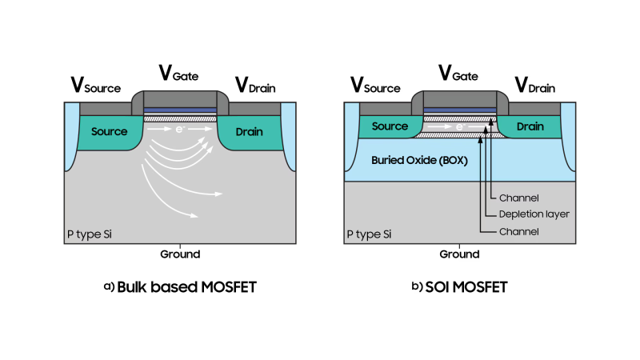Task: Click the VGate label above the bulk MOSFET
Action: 180,74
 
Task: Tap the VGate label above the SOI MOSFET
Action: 460,74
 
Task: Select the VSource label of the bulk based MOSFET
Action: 96,86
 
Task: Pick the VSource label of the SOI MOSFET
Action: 376,86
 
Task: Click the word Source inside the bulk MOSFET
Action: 109,131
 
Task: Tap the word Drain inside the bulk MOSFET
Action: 250,131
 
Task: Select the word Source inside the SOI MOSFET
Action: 390,126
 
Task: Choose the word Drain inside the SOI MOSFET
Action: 530,126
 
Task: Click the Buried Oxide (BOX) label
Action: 419,160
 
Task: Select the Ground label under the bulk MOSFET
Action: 180,254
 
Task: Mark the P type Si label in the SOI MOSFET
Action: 369,234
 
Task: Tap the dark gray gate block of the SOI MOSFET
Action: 460,100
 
